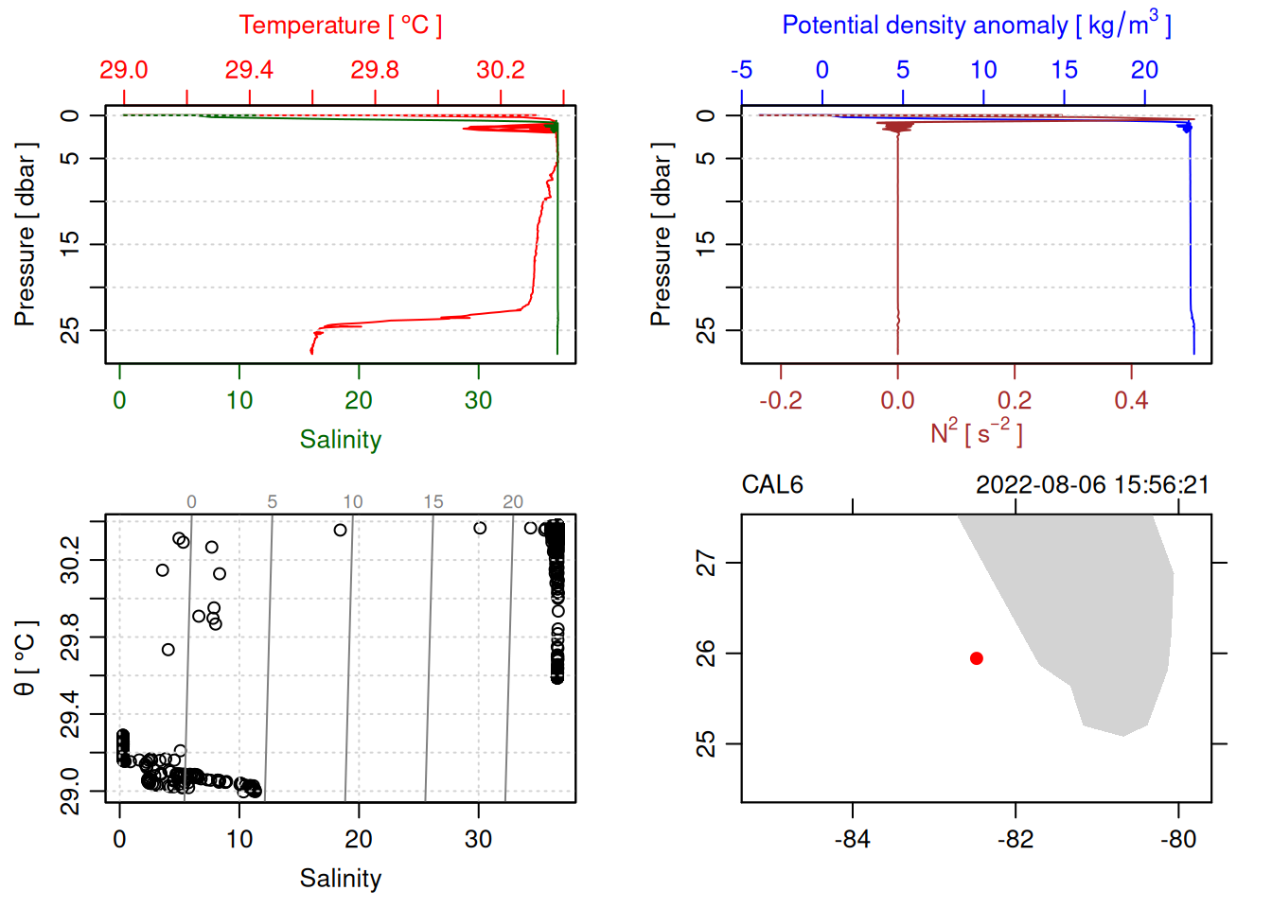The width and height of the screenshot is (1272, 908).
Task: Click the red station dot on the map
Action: point(976,658)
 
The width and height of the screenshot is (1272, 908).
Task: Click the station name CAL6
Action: point(772,485)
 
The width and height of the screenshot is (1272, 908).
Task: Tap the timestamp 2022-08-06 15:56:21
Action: point(1092,485)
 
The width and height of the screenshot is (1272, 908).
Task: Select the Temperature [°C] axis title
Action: point(341,26)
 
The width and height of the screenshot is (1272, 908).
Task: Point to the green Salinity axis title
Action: point(341,440)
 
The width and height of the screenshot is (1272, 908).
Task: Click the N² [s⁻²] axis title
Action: point(977,432)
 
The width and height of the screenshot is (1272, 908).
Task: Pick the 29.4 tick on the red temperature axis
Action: point(249,70)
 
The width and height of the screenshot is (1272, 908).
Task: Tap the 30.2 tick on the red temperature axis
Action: point(501,70)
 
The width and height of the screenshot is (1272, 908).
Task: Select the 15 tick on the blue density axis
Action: point(1064,70)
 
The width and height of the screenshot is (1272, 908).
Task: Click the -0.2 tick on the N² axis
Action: point(781,401)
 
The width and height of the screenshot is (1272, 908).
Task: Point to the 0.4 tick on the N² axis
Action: point(1131,401)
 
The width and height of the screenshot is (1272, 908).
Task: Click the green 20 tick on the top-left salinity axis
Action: point(359,401)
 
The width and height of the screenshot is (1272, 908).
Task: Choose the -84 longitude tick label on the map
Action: point(852,840)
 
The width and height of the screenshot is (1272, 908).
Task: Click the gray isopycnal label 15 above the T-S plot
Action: point(433,502)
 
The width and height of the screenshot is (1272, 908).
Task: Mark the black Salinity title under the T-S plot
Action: point(341,879)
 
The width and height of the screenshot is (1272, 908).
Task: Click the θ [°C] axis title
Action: point(26,658)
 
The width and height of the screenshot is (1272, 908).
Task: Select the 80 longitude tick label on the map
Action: point(1178,840)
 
